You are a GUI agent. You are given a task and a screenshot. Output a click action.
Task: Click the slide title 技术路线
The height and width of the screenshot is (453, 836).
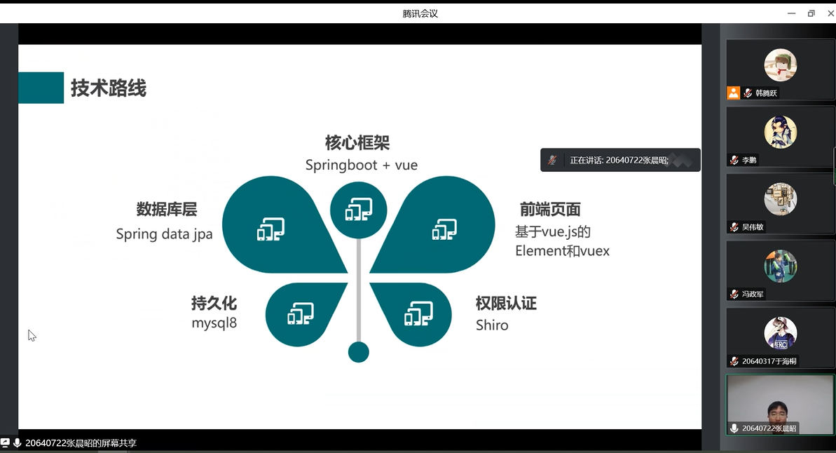tap(108, 88)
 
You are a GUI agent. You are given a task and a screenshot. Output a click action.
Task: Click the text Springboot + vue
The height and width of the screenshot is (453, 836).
tap(362, 165)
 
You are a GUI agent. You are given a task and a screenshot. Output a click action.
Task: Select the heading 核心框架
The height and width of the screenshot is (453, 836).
tap(357, 142)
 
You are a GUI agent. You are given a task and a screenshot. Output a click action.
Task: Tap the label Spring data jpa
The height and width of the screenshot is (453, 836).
tap(164, 234)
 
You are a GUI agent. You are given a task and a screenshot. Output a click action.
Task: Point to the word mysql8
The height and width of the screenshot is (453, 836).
tap(214, 323)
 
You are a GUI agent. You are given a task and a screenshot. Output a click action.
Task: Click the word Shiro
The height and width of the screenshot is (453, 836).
tap(491, 325)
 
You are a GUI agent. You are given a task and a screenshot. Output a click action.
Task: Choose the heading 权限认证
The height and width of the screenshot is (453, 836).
tap(506, 303)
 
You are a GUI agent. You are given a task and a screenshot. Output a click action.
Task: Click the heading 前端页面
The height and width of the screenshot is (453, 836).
tap(550, 209)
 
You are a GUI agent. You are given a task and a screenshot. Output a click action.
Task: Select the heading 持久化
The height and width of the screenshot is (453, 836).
tap(214, 303)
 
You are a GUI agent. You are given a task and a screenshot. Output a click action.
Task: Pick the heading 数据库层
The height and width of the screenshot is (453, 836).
tap(166, 209)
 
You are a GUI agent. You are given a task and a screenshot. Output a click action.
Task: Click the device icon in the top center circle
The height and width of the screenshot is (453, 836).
tap(358, 209)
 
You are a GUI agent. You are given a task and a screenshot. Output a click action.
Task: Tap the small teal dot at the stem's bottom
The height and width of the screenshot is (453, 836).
tap(358, 352)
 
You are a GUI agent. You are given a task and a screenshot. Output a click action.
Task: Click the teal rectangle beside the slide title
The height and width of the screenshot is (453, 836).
tap(41, 88)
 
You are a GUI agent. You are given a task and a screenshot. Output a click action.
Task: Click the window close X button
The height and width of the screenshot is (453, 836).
tap(830, 13)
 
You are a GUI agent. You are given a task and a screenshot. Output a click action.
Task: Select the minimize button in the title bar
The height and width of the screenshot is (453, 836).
tap(792, 13)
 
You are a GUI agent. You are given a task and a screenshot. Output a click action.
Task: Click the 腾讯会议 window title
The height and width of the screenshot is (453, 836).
tap(420, 13)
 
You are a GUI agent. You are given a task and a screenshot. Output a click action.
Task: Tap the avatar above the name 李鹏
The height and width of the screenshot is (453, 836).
tap(781, 132)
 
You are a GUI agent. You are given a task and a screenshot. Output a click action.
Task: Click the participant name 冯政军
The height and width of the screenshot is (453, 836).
tap(753, 294)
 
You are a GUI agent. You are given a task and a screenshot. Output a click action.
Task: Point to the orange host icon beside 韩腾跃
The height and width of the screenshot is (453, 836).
tap(734, 93)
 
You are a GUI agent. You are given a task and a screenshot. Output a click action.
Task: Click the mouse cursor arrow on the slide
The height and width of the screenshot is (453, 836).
tap(32, 336)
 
